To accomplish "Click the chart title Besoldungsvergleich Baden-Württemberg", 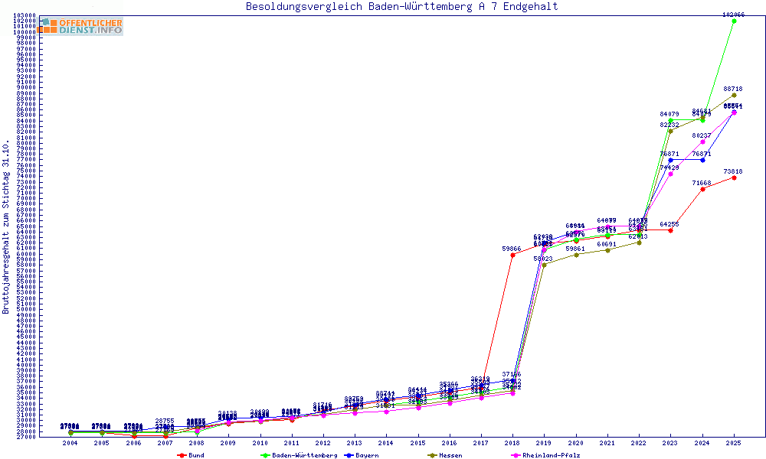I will point(401,7).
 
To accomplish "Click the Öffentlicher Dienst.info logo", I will point(80,26).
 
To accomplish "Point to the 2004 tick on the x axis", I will point(70,443).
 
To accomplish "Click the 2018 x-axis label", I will point(512,443).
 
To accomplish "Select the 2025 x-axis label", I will point(734,443).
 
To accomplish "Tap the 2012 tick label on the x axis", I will point(322,443).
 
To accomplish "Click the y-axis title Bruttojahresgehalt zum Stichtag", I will point(6,226).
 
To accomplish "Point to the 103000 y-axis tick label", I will point(25,15).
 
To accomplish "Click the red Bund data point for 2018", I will point(512,255).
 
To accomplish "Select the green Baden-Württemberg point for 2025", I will point(734,21).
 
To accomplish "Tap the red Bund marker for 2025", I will point(734,177).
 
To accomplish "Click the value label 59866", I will point(512,249).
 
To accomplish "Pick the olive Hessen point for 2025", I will point(734,95).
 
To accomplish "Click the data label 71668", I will point(702,183).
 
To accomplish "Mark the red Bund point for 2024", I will point(702,189).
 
